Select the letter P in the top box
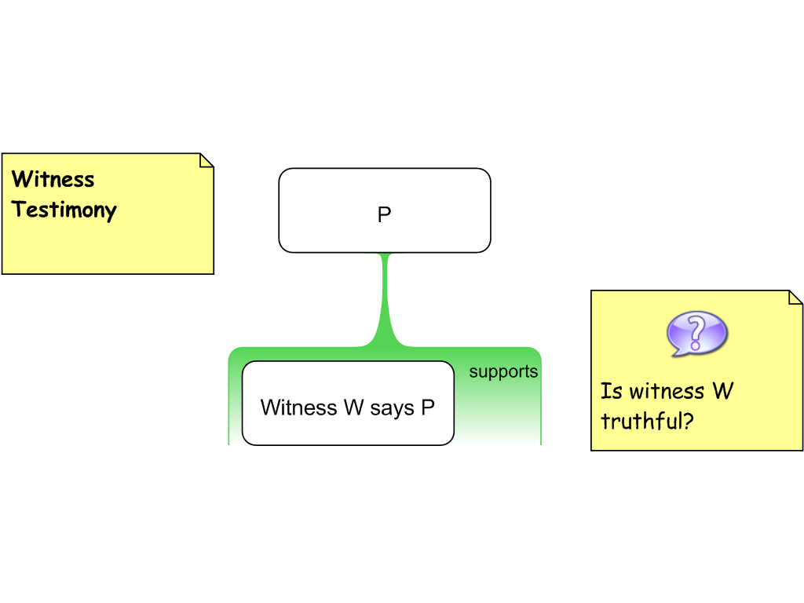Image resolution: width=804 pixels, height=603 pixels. tap(385, 215)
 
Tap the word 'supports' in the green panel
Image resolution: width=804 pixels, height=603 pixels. tap(503, 371)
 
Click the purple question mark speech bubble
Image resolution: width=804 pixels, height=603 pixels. tap(696, 334)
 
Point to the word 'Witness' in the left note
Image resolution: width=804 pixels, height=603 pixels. tap(53, 180)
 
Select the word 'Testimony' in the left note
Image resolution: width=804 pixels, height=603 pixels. tap(64, 210)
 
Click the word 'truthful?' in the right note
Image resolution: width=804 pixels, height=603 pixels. tap(647, 422)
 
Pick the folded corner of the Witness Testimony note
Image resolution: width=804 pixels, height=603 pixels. tap(206, 160)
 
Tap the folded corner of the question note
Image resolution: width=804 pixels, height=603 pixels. tap(795, 298)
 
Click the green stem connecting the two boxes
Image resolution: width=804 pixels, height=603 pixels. tap(385, 298)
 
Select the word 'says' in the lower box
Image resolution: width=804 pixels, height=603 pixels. tap(391, 408)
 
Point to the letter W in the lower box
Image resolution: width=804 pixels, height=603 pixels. tap(353, 408)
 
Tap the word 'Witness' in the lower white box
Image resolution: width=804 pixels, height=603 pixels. tap(298, 408)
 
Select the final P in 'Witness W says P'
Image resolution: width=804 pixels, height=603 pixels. tap(428, 408)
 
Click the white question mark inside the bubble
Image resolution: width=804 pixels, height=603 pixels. tap(696, 332)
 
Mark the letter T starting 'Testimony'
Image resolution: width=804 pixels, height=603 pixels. tap(20, 210)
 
